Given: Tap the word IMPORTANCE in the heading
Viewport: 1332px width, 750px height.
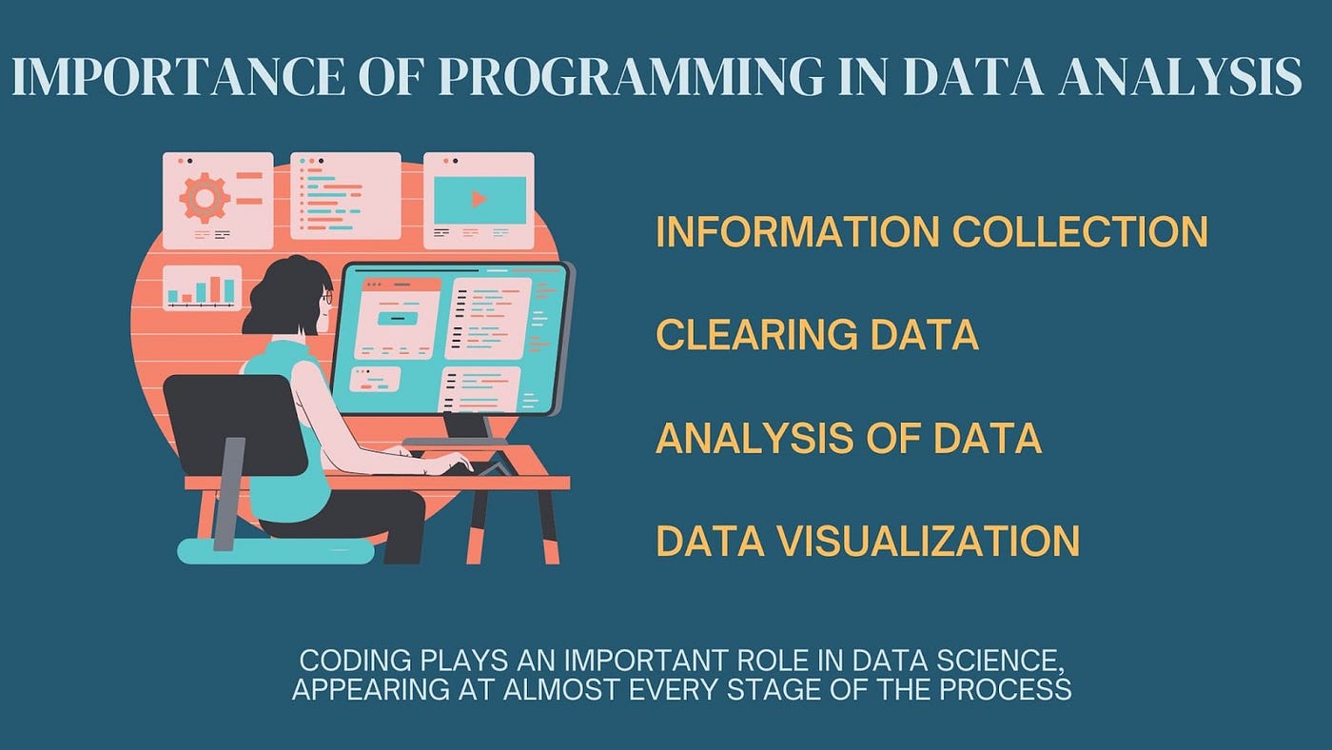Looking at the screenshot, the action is [178, 76].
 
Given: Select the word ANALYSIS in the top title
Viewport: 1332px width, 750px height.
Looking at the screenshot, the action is [1181, 76].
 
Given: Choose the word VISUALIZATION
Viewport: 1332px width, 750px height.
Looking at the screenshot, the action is [929, 541].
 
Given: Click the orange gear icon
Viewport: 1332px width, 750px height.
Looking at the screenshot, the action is [205, 198].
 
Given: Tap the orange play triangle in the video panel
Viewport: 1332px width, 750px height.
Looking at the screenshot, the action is [480, 199].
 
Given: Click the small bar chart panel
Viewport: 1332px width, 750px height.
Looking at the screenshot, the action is [202, 287].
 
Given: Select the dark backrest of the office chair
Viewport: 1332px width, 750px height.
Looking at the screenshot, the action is [235, 424].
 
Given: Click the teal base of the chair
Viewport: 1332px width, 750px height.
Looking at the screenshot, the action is [275, 551].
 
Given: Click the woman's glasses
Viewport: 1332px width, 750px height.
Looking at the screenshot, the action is [326, 297].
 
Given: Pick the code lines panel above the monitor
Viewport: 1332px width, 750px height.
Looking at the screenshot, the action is [345, 196].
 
